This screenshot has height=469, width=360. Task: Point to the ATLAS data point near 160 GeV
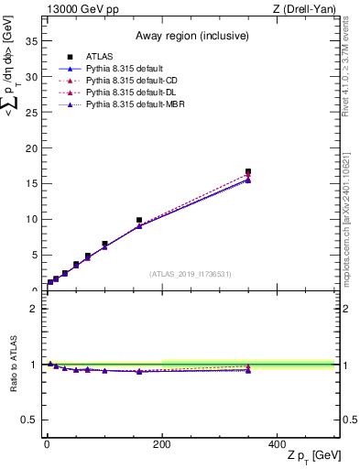[139, 220]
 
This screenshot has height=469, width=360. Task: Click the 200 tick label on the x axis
[161, 444]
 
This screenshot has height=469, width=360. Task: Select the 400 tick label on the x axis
[277, 444]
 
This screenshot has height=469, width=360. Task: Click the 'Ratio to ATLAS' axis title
[12, 364]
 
